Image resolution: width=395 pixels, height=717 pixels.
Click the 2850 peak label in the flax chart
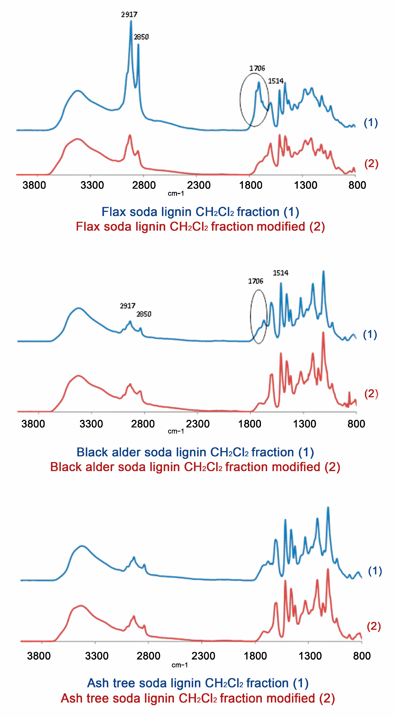click(141, 37)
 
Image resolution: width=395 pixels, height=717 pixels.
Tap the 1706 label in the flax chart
click(257, 68)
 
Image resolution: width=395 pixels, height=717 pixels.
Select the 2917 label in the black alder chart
click(128, 306)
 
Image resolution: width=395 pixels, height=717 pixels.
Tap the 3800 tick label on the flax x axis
click(34, 185)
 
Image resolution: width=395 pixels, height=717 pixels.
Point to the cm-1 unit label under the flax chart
click(176, 193)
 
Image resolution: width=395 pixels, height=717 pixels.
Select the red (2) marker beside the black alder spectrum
click(371, 394)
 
